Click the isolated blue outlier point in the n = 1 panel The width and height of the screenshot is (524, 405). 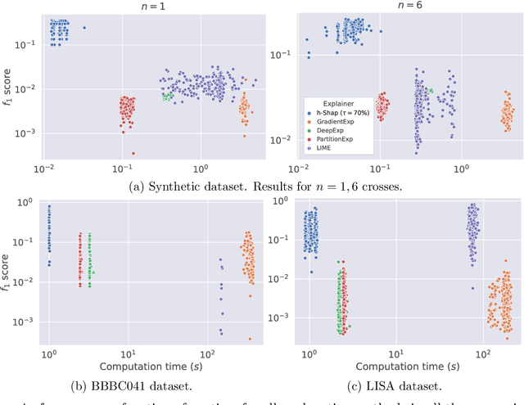(84, 28)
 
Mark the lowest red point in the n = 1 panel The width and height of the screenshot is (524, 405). (133, 153)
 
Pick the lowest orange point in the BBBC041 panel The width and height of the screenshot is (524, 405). (249, 339)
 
